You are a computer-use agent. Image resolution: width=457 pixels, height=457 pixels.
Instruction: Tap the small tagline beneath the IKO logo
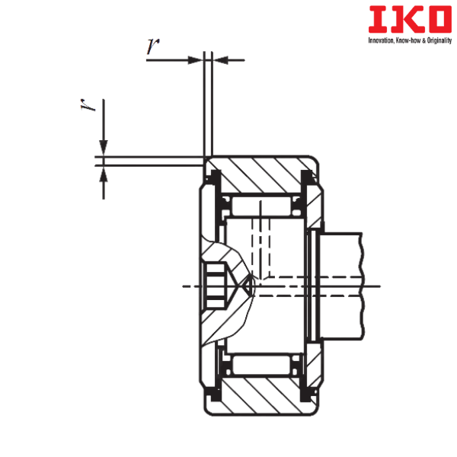point(410,40)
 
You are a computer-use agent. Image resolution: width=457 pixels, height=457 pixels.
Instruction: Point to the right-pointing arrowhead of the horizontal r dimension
point(196,59)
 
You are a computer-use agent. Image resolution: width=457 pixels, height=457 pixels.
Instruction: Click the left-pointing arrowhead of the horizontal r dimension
point(221,59)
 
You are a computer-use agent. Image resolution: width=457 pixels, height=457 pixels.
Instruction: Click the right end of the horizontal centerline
point(379,286)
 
